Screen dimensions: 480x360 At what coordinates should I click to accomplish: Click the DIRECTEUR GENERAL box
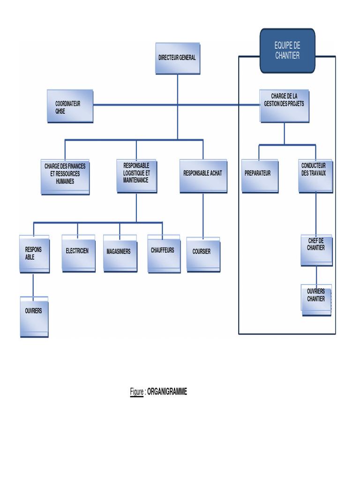point(177,58)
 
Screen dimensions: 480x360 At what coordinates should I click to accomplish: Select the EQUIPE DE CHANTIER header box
point(287,51)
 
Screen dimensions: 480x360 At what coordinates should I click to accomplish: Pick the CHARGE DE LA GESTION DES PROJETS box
point(284,106)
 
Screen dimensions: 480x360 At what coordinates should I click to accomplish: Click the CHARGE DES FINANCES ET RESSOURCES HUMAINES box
point(65,177)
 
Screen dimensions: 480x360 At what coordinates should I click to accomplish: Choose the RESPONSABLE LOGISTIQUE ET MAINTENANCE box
point(136,176)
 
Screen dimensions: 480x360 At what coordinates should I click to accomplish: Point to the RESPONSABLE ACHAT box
point(202,176)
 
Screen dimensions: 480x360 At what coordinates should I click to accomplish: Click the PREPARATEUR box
point(259,176)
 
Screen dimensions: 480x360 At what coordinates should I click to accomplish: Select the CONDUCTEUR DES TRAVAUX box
point(315,176)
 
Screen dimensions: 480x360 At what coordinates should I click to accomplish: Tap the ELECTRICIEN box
point(78,253)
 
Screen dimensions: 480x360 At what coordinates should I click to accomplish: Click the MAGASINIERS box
point(120,254)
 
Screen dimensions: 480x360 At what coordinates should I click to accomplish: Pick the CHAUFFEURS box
point(163,254)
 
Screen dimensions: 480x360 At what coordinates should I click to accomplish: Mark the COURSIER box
point(202,254)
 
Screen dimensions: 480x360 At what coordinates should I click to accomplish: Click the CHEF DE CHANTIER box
point(316,250)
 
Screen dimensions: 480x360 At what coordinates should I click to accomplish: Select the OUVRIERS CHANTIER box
point(316,299)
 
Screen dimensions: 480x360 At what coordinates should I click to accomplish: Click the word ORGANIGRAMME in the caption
point(167,392)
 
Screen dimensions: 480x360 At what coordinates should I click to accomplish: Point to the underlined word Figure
point(136,392)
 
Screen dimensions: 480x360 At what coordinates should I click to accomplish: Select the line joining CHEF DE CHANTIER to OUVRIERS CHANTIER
point(316,275)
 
